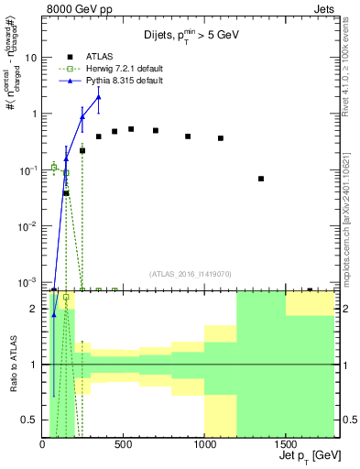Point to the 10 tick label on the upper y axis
[x=31, y=57]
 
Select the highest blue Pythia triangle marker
[x=98, y=97]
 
